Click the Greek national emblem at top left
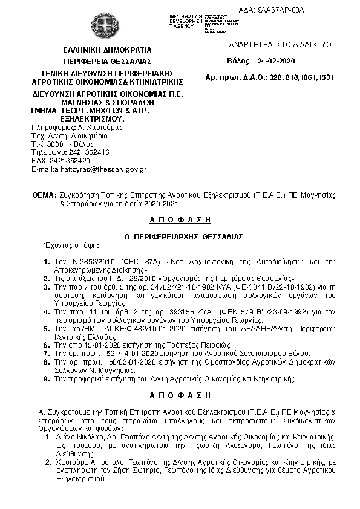point(108,26)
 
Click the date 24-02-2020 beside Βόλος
point(275,62)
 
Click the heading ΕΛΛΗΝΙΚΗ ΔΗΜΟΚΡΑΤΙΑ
point(108,50)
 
